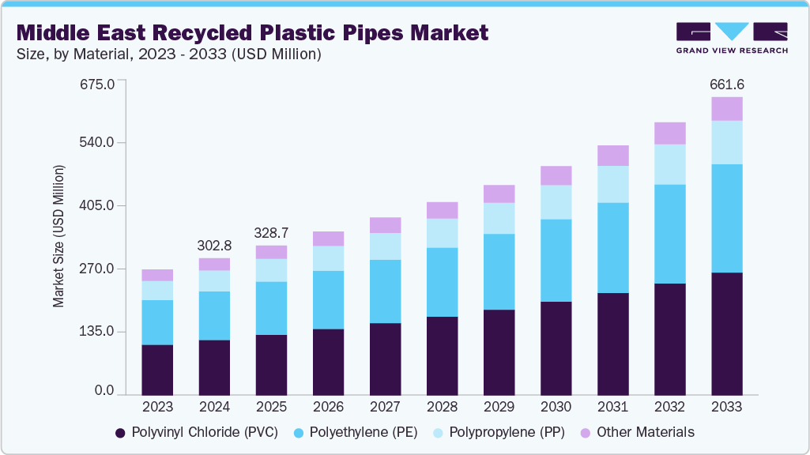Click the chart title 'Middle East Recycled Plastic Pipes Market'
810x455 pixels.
point(252,33)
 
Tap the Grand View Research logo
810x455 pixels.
point(732,37)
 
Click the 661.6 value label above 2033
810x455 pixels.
point(728,85)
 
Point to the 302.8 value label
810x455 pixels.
point(214,246)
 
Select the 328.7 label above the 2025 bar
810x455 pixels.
point(271,233)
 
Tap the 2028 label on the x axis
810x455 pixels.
point(442,407)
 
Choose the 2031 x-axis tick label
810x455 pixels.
point(612,407)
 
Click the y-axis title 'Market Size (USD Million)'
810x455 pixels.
point(58,237)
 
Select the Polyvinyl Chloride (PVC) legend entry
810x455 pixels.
point(197,433)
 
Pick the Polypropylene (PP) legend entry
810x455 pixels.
point(499,433)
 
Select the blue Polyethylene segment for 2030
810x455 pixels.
point(556,260)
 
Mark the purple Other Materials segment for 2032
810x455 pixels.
point(669,133)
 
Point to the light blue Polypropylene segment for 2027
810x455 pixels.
point(385,246)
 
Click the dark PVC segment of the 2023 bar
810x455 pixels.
point(157,369)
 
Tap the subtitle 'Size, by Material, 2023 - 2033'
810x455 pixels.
point(169,55)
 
